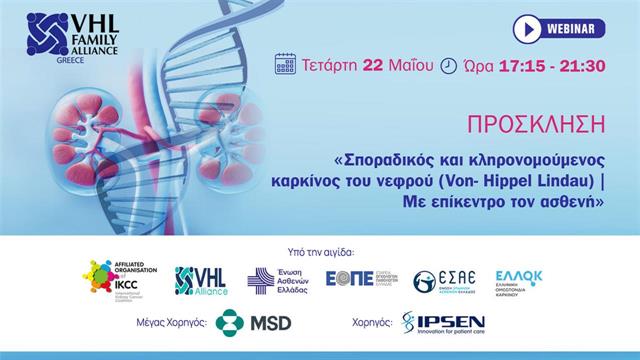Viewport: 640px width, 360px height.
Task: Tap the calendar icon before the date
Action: tap(285, 63)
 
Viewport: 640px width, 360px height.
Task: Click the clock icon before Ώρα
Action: tap(449, 64)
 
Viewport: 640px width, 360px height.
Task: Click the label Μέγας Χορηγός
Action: tap(179, 324)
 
